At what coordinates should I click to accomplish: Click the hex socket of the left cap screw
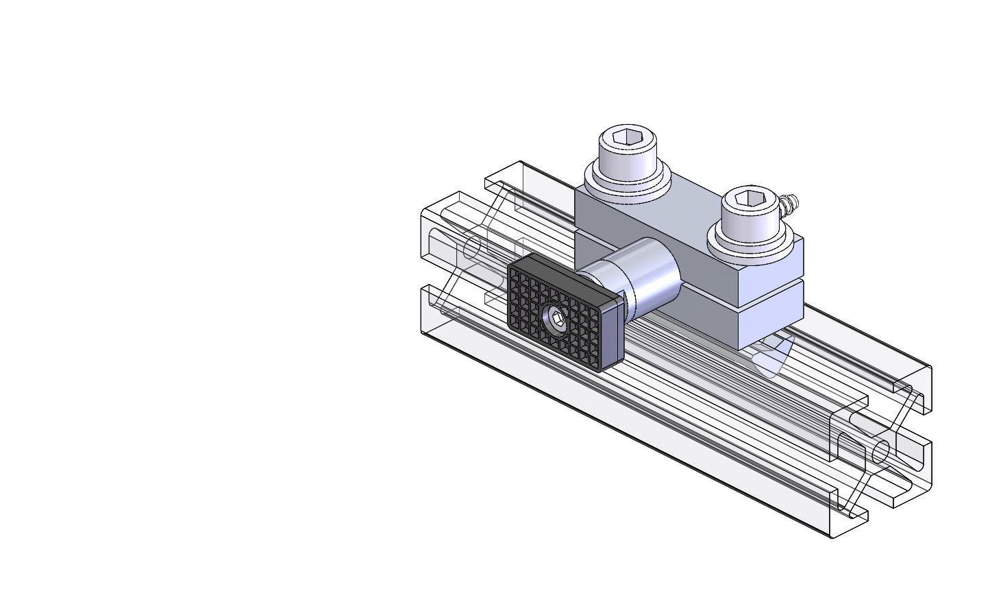(x=627, y=139)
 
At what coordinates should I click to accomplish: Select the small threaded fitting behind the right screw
(x=789, y=203)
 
